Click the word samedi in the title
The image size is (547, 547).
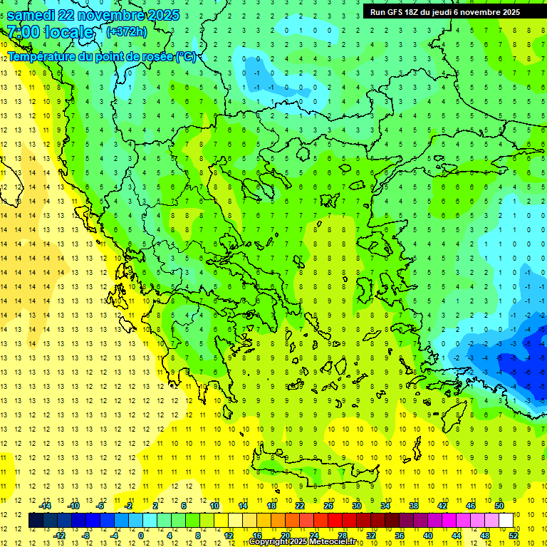pyautogui.click(x=32, y=15)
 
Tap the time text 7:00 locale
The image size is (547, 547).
pyautogui.click(x=50, y=32)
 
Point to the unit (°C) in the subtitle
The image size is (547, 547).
pyautogui.click(x=186, y=56)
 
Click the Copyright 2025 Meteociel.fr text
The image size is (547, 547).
pyautogui.click(x=302, y=542)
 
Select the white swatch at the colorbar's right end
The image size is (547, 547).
pyautogui.click(x=506, y=521)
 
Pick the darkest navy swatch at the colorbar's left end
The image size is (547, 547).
pyautogui.click(x=36, y=521)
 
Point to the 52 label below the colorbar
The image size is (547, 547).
pyautogui.click(x=513, y=536)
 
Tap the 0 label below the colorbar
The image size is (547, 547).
pyautogui.click(x=140, y=536)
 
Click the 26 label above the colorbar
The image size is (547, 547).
pyautogui.click(x=328, y=506)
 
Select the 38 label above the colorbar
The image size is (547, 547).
pyautogui.click(x=413, y=506)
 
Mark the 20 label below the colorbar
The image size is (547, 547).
pyautogui.click(x=286, y=536)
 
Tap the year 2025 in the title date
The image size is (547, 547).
pyautogui.click(x=161, y=15)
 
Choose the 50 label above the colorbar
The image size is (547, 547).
pyautogui.click(x=499, y=506)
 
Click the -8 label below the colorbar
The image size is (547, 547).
pyautogui.click(x=86, y=536)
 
